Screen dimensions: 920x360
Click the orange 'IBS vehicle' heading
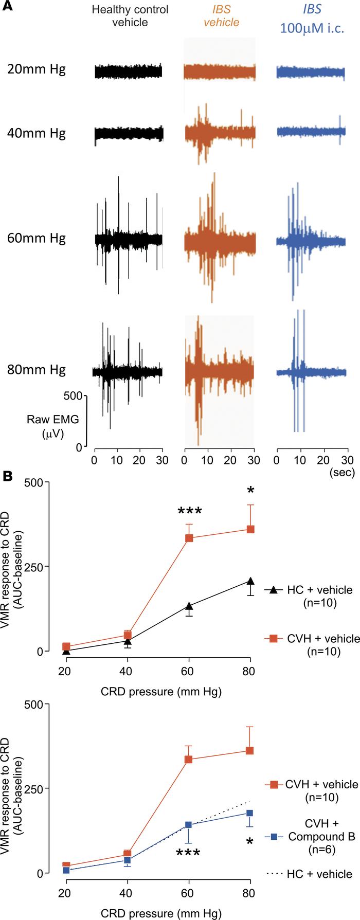pyautogui.click(x=222, y=16)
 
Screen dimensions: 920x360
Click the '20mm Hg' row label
pyautogui.click(x=37, y=69)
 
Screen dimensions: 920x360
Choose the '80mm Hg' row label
pyautogui.click(x=37, y=370)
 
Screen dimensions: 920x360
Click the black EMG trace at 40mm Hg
pyautogui.click(x=129, y=134)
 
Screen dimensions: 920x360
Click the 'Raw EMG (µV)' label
pyautogui.click(x=46, y=426)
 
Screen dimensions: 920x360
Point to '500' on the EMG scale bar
pyautogui.click(x=73, y=395)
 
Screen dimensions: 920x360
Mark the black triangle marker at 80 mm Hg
pyautogui.click(x=250, y=581)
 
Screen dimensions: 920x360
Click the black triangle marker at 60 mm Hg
pyautogui.click(x=189, y=606)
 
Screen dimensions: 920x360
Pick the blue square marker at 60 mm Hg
pyautogui.click(x=188, y=796)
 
